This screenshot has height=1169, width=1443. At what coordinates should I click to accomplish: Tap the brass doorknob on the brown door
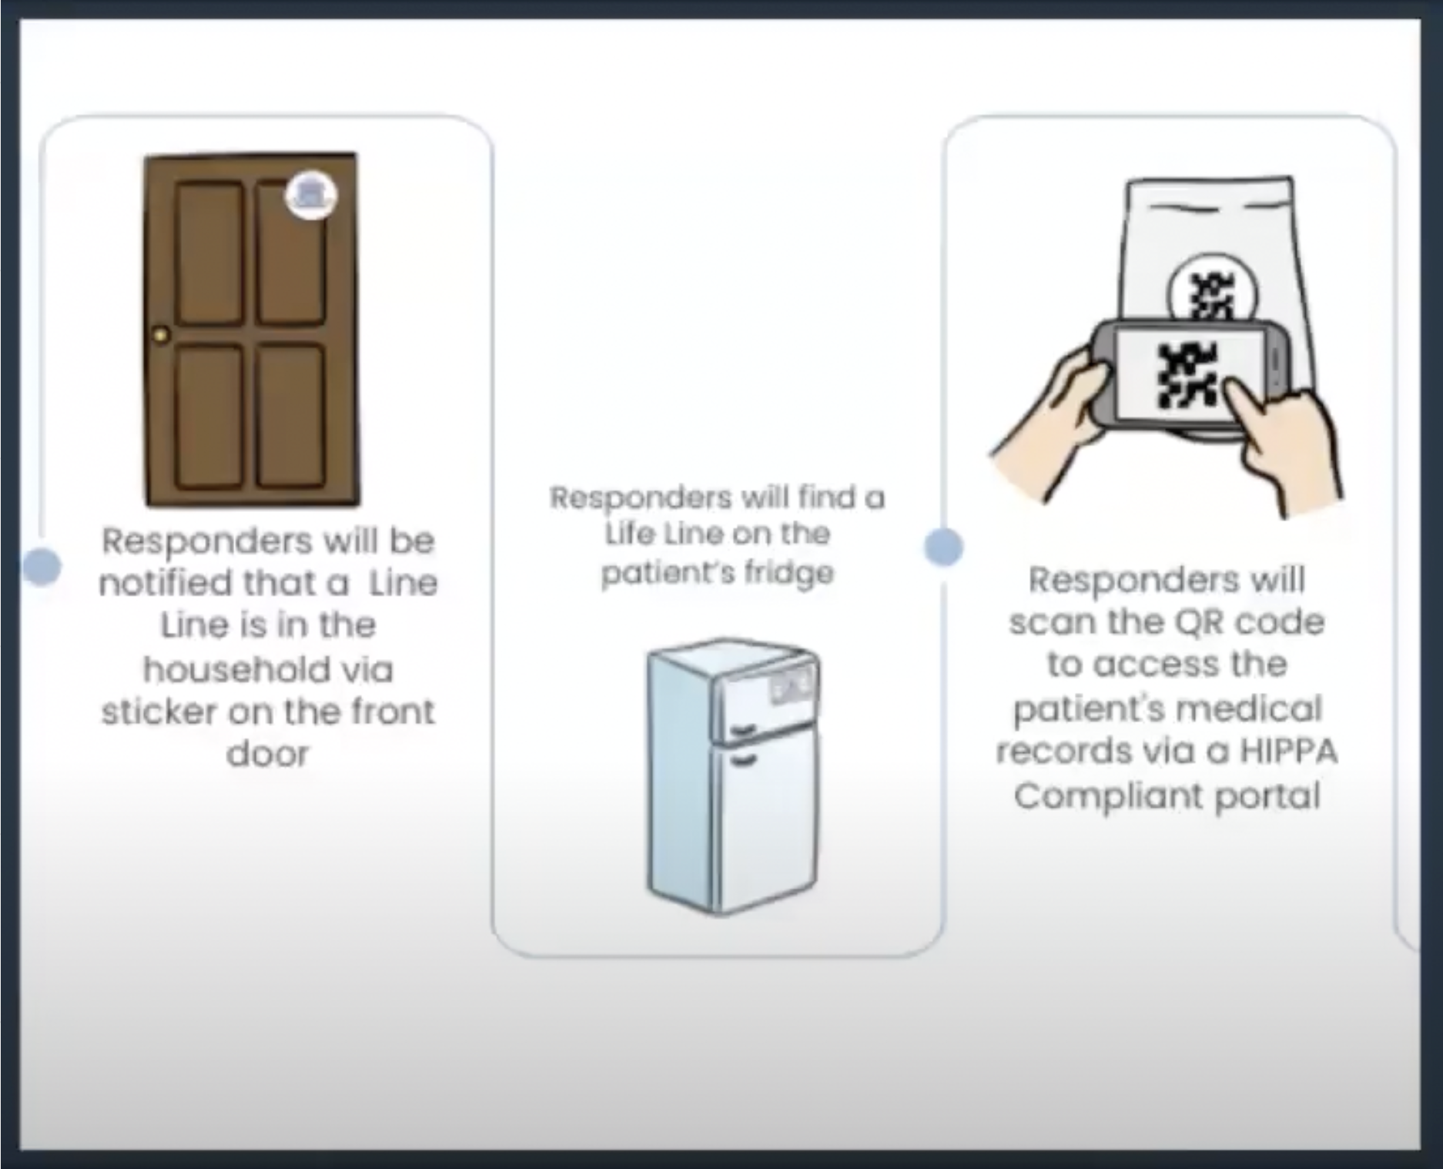click(161, 336)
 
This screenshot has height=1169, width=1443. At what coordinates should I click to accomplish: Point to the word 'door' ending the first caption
click(267, 754)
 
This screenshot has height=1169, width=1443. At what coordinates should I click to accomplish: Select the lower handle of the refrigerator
click(742, 762)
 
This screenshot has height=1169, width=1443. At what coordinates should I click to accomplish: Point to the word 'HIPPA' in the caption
click(1287, 752)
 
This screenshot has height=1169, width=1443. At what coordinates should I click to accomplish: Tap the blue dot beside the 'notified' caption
click(42, 567)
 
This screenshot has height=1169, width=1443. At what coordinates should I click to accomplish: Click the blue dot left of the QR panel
click(943, 548)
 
